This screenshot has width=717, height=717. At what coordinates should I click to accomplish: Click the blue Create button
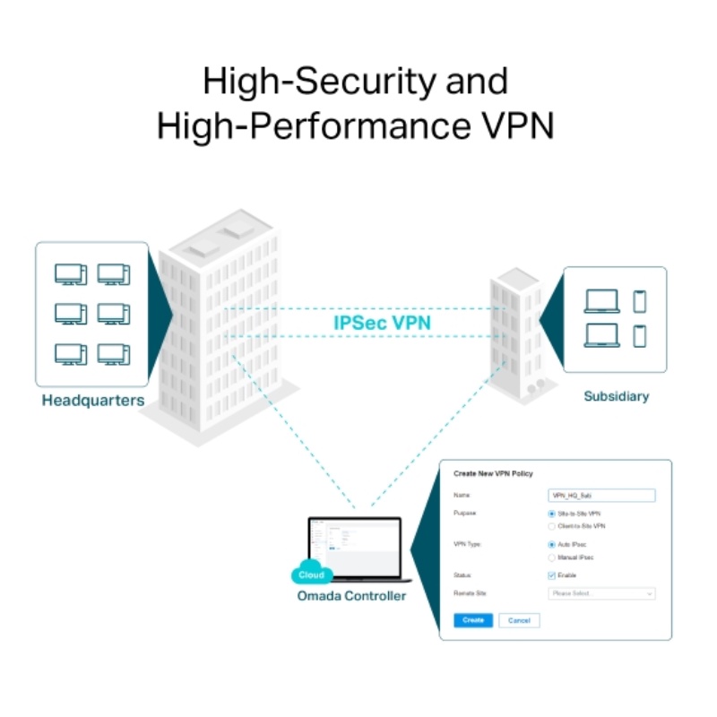coord(473,620)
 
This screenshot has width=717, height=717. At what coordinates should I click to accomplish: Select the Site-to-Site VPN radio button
coord(552,514)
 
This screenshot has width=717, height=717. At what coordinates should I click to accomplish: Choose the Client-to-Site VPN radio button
coord(552,526)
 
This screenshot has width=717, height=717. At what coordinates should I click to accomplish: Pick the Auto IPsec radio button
coord(552,544)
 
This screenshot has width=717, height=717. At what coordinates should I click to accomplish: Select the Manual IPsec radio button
coord(552,557)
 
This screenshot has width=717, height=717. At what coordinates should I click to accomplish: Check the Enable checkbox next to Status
coord(552,575)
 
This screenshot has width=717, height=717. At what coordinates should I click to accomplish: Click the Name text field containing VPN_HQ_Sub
coord(600,495)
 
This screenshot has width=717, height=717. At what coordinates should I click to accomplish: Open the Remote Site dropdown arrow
coord(649,593)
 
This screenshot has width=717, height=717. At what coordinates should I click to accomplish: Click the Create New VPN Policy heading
coord(494,473)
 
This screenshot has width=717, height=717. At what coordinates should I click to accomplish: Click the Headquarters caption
coord(93,401)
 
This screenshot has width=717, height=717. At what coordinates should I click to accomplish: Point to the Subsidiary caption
coord(616,395)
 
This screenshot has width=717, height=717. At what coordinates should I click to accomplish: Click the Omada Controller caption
coord(351,595)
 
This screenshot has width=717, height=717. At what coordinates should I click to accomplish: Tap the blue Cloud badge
coord(311,574)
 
